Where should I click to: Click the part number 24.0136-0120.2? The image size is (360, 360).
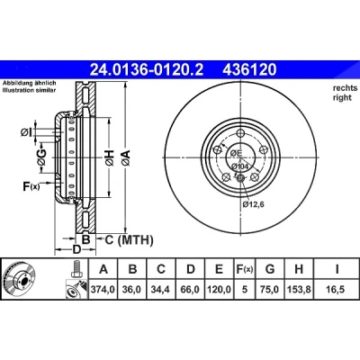tap(147, 70)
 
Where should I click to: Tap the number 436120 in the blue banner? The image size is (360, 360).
tap(249, 70)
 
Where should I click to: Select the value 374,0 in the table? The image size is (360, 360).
tap(103, 289)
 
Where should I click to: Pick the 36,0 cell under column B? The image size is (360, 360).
tap(131, 289)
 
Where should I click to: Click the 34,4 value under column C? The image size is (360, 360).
tap(160, 289)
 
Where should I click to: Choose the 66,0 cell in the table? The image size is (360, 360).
tap(190, 289)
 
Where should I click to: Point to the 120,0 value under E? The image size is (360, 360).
tap(219, 289)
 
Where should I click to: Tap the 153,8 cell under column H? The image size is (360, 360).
tap(299, 289)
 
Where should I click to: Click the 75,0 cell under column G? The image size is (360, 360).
tap(270, 289)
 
